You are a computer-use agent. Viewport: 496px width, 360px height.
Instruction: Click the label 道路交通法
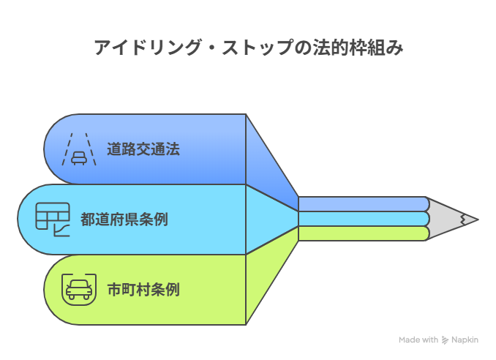click(143, 149)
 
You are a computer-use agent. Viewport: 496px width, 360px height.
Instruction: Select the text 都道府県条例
click(124, 219)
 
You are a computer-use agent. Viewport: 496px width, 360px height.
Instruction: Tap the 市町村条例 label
click(143, 289)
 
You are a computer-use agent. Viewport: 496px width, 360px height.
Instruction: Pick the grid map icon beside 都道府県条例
click(53, 219)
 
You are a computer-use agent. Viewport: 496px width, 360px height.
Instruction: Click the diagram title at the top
click(248, 49)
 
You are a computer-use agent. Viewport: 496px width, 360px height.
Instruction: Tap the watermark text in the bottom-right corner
click(438, 340)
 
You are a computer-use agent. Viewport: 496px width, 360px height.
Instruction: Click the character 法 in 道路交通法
click(173, 149)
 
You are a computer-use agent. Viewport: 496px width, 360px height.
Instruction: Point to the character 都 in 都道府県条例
click(88, 219)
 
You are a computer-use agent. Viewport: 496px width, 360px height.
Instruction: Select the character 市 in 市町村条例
click(114, 289)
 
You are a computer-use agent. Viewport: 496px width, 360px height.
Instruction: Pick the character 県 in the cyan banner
click(132, 219)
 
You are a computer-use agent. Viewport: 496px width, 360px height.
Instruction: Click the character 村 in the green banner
click(143, 289)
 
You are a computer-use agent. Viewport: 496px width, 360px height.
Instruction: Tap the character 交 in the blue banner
click(143, 149)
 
